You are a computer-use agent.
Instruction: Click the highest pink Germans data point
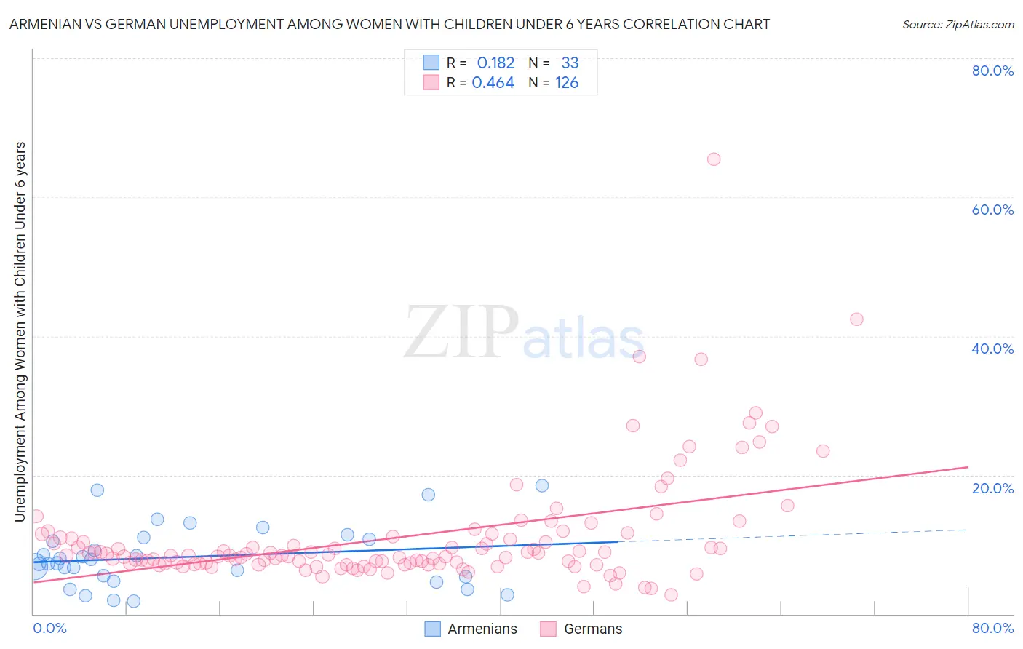pos(714,159)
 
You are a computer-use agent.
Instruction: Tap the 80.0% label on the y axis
pos(992,71)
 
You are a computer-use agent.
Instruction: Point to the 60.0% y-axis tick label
pos(992,210)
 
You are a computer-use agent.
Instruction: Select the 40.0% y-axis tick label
pos(992,349)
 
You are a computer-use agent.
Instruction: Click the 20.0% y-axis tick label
pos(992,488)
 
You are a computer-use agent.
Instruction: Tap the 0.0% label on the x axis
pos(49,628)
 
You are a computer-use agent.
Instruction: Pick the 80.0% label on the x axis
pos(992,628)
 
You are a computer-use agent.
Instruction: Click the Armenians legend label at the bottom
pos(482,629)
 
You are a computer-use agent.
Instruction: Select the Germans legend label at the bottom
pos(593,629)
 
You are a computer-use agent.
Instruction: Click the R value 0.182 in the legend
pos(495,63)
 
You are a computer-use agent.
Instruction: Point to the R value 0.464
pos(493,83)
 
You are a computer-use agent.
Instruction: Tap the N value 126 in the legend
pos(567,83)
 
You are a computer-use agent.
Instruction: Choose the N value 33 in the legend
pos(570,63)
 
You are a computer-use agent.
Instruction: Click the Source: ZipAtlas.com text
pos(958,25)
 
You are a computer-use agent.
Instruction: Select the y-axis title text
pos(20,331)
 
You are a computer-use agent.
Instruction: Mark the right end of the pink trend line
pos(968,467)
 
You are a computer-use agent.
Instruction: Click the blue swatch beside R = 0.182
pos(431,63)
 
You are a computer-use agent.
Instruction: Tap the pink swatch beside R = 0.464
pos(431,83)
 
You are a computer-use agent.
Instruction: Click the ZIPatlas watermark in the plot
pos(524,333)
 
